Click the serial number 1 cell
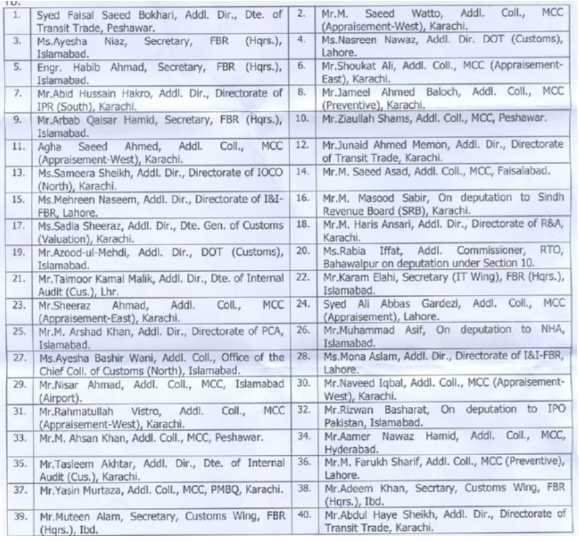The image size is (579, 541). click(18, 15)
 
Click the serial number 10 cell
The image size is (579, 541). click(302, 119)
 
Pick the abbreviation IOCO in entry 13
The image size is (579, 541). click(267, 171)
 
